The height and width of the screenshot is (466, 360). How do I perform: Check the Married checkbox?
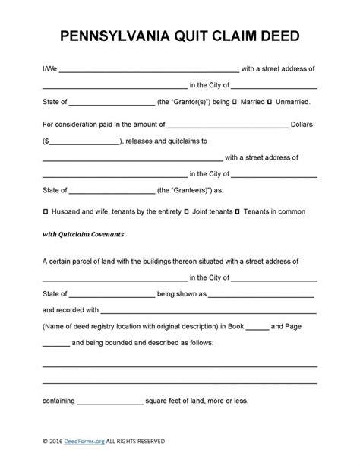click(235, 101)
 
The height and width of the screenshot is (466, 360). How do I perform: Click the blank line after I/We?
click(148, 69)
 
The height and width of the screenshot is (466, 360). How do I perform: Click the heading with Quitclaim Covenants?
click(83, 234)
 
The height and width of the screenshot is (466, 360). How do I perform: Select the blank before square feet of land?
click(110, 401)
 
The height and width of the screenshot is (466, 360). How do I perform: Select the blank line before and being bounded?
click(55, 344)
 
